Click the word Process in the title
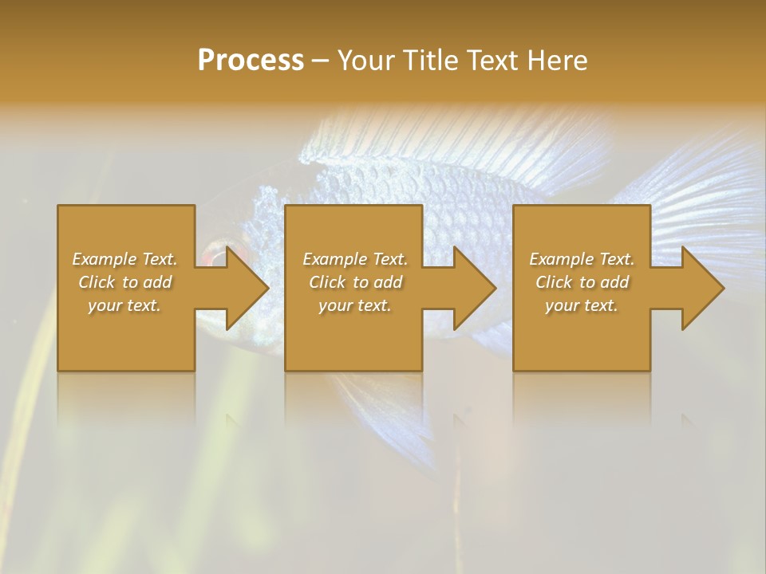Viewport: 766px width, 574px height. pos(251,61)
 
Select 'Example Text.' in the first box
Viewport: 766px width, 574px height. pos(125,259)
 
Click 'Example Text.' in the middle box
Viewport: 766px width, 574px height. pos(355,259)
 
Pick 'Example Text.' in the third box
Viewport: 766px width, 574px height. pos(582,259)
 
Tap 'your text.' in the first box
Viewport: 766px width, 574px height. pos(124,305)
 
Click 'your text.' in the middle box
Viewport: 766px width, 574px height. pos(355,305)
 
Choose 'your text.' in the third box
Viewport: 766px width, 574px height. pos(582,305)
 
